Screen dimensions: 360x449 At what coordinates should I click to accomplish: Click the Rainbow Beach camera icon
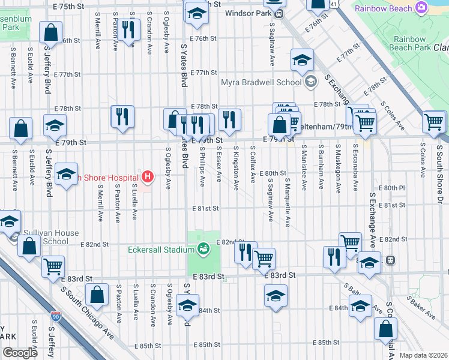(421, 8)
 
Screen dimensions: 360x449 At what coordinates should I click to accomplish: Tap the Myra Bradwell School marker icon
(310, 82)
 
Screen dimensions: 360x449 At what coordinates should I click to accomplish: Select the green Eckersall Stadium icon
(203, 248)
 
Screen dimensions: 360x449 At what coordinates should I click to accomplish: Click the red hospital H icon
(147, 176)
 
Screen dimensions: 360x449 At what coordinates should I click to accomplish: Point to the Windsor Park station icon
(277, 13)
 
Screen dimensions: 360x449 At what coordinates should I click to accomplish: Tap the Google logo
(20, 352)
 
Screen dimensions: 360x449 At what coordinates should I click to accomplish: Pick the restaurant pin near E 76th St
(127, 29)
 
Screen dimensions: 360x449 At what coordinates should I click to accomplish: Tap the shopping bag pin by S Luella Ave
(97, 295)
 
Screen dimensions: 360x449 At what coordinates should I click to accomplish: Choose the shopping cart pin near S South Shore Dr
(433, 121)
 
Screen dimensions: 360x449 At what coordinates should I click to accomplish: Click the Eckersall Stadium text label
(159, 249)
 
